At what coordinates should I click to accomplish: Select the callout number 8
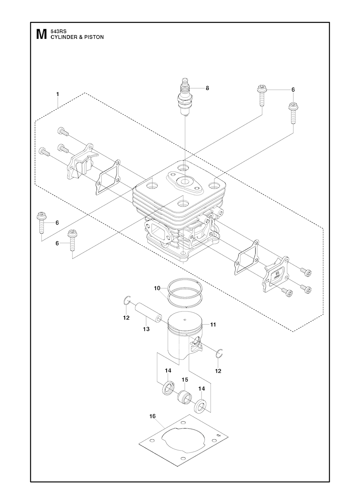coord(207,88)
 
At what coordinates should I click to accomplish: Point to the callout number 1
coord(58,94)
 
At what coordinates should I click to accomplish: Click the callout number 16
coord(153,416)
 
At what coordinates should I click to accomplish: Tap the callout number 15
coord(185,380)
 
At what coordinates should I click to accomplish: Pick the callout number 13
coord(146,329)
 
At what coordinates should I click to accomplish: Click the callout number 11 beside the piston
coord(213,325)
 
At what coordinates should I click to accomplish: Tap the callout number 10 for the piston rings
coord(157,288)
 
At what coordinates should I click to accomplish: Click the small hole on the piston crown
coord(185,319)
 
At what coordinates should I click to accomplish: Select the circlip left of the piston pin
coord(128,300)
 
